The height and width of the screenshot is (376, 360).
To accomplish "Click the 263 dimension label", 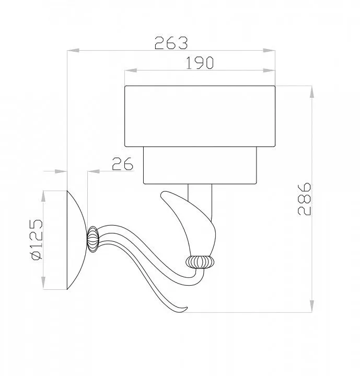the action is (x=171, y=43).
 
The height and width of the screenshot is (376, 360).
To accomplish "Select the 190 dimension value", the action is (x=200, y=63).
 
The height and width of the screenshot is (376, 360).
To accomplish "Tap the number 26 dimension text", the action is (x=122, y=164).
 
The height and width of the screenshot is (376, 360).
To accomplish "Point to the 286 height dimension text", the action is (x=304, y=199).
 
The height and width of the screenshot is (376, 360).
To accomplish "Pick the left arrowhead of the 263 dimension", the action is (x=73, y=51).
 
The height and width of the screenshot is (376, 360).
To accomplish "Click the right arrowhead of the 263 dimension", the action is (x=269, y=51).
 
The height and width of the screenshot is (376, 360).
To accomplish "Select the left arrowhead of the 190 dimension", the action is (x=131, y=70).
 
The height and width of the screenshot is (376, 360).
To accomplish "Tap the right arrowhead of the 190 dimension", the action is (x=269, y=70).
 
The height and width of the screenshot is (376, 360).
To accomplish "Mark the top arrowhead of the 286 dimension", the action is (x=312, y=92).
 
